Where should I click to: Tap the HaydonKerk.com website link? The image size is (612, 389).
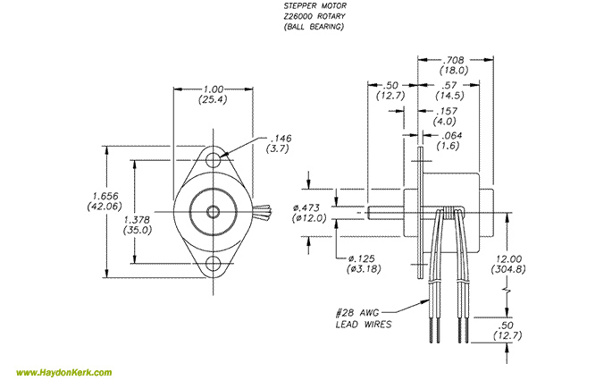tap(63, 373)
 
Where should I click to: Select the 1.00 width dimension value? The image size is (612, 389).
tap(214, 89)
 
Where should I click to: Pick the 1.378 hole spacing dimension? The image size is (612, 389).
tap(138, 219)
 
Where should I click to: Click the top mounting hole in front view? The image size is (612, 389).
tap(213, 162)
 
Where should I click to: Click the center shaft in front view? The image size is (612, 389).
tap(213, 212)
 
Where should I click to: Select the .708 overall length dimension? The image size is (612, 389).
tap(457, 58)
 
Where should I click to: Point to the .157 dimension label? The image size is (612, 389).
tap(444, 111)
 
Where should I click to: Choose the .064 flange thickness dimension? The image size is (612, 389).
tap(449, 135)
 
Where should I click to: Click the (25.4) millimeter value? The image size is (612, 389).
tap(214, 100)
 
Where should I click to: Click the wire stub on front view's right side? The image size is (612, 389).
tap(264, 214)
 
